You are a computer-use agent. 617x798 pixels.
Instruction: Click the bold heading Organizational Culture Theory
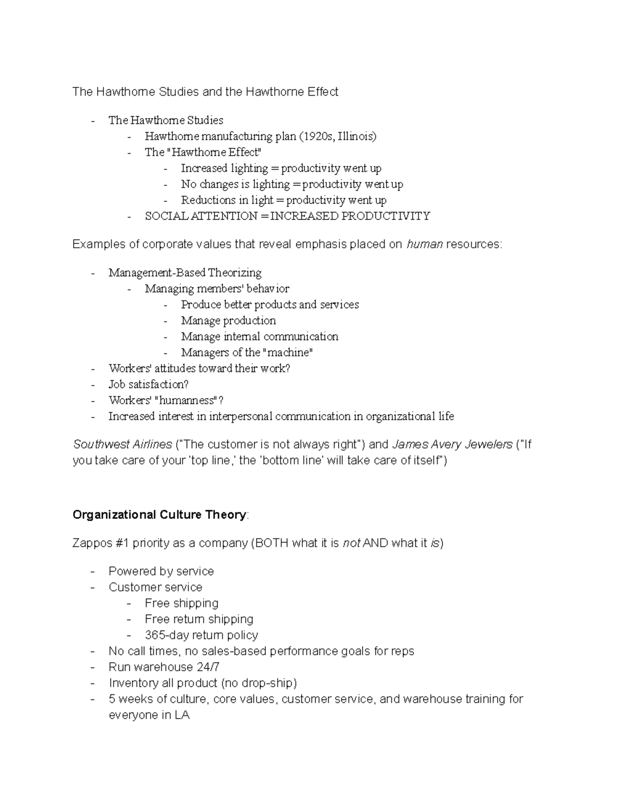(x=159, y=515)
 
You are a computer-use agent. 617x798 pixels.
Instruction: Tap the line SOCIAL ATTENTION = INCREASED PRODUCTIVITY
(x=287, y=216)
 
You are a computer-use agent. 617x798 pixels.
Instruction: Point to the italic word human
(x=424, y=244)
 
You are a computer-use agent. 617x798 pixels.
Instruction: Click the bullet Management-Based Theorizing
(x=185, y=272)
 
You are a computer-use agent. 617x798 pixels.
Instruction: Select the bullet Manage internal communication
(x=259, y=337)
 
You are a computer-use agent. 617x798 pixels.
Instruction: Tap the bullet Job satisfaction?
(x=148, y=384)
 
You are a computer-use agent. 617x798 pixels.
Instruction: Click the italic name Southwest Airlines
(x=122, y=444)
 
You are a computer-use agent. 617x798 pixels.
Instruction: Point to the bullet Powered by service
(x=161, y=571)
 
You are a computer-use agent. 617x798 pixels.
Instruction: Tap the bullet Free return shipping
(x=199, y=619)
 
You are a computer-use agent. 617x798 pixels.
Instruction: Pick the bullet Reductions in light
(x=283, y=200)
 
